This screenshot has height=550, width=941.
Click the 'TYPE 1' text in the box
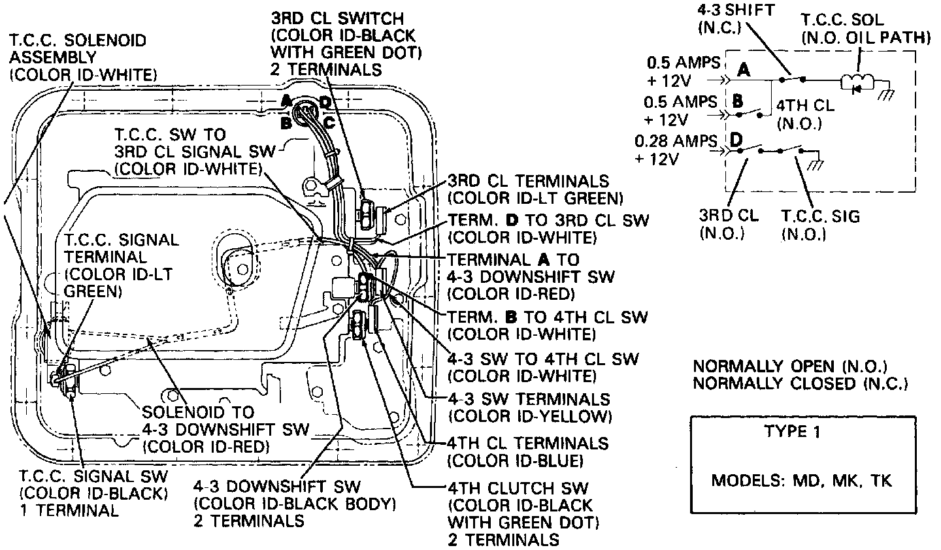[794, 432]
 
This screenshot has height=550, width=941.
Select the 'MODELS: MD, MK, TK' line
[802, 481]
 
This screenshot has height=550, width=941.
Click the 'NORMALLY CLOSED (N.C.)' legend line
[800, 383]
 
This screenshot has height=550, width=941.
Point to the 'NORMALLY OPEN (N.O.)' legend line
[791, 366]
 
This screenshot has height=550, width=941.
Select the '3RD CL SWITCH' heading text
[337, 19]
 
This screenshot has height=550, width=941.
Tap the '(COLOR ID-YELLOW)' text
[529, 416]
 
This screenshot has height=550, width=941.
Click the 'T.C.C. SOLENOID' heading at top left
[78, 40]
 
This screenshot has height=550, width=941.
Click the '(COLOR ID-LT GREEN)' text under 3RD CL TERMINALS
[535, 197]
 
